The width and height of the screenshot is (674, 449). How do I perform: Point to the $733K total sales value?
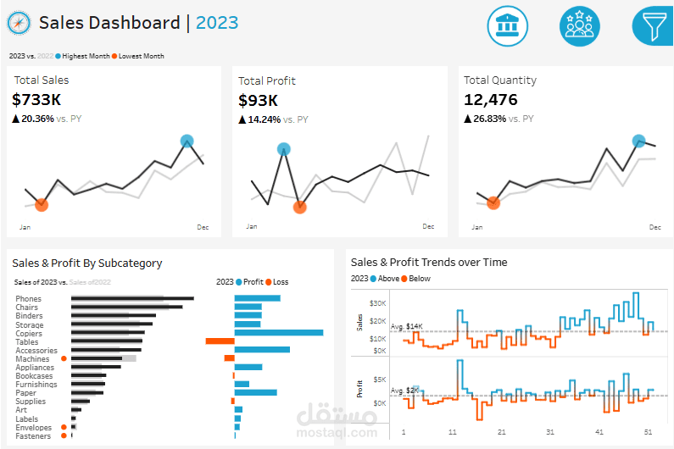(37, 100)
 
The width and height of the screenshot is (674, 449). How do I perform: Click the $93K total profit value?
(259, 101)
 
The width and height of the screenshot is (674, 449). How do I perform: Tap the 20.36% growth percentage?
(37, 119)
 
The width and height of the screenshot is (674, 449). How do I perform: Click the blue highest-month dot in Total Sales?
(187, 141)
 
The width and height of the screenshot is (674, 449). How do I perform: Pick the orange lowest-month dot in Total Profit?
(299, 207)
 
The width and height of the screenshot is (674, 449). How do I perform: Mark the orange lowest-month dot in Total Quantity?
(493, 202)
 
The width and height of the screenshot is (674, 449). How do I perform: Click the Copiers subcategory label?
(30, 333)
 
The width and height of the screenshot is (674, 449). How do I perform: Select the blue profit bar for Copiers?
(279, 333)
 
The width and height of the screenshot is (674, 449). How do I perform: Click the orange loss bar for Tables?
(220, 341)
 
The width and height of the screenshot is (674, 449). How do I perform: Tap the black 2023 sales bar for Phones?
(132, 298)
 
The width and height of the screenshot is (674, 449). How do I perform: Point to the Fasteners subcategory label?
(33, 436)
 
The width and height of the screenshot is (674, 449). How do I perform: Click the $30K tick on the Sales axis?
(377, 302)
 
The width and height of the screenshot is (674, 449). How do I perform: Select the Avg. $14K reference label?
(406, 326)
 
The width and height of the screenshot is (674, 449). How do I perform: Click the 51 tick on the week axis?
(649, 432)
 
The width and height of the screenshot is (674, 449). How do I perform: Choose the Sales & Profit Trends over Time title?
(429, 263)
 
